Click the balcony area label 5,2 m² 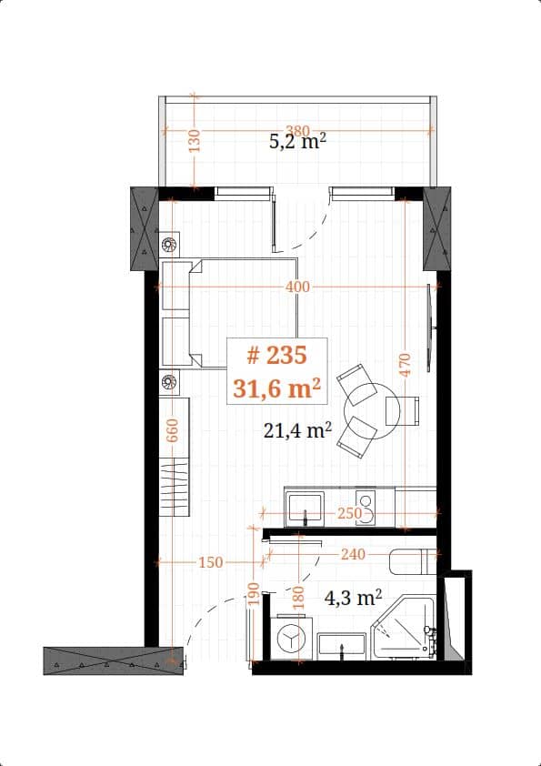(297, 143)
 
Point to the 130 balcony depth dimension (193, 141)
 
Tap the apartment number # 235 (277, 356)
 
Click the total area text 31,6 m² (277, 388)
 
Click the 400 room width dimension (297, 287)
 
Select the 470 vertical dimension (406, 364)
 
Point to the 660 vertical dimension (172, 429)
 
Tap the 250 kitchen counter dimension (349, 514)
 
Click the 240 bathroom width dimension (354, 553)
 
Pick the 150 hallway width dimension (210, 563)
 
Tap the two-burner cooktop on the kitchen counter (367, 504)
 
